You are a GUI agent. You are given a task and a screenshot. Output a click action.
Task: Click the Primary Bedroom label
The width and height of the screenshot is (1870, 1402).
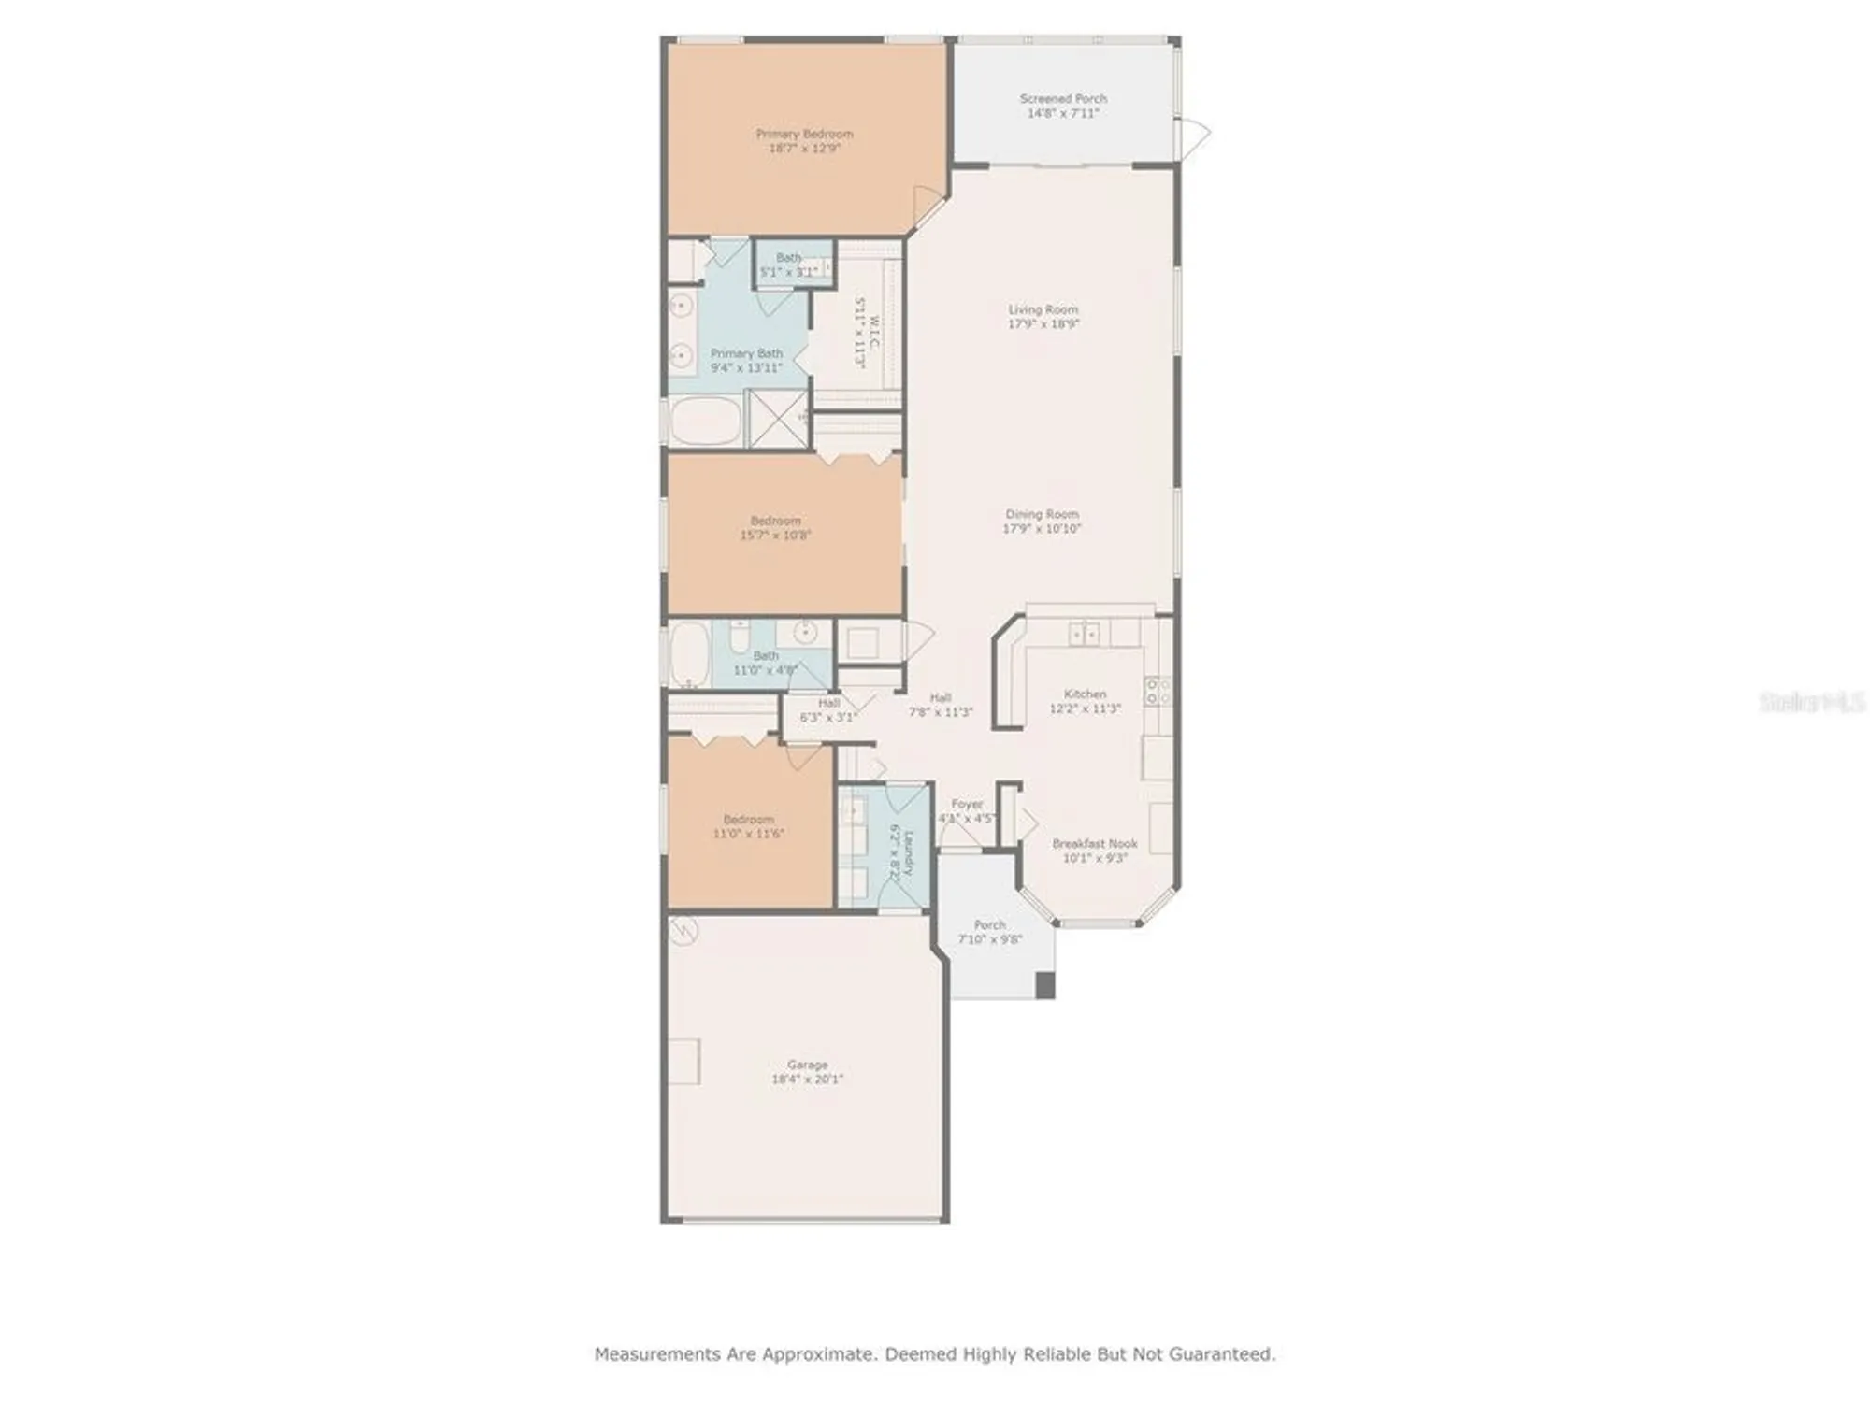(x=804, y=134)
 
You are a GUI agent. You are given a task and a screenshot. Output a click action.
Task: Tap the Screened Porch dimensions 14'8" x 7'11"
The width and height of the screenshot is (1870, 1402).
(x=1063, y=113)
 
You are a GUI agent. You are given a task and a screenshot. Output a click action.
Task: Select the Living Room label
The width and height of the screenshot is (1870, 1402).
(x=1043, y=309)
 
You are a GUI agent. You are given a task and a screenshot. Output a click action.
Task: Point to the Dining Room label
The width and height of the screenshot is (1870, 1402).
(x=1042, y=514)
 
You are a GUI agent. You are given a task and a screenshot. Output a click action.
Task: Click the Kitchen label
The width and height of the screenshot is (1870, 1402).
(x=1085, y=694)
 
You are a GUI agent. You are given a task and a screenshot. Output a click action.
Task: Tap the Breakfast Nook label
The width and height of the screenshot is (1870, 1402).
(x=1094, y=843)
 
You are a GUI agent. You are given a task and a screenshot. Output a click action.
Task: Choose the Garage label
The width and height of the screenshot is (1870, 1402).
(x=807, y=1064)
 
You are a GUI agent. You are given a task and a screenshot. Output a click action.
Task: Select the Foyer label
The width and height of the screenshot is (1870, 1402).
(x=967, y=804)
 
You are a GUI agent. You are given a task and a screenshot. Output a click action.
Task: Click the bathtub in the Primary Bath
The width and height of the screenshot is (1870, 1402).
(x=706, y=421)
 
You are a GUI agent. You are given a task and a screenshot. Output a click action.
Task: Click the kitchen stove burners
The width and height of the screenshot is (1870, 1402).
(x=1158, y=692)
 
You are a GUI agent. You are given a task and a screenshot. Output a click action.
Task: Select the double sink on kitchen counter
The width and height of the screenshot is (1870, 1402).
(x=1084, y=634)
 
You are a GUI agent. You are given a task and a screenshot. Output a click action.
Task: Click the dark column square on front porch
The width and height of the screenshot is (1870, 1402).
(x=1045, y=985)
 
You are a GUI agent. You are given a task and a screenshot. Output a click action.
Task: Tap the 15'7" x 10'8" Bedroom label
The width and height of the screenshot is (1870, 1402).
(x=775, y=521)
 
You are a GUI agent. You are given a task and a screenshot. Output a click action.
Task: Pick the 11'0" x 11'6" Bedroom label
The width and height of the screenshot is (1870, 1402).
(x=748, y=819)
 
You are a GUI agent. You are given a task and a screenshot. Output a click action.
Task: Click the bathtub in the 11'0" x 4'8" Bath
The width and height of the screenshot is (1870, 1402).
(x=689, y=653)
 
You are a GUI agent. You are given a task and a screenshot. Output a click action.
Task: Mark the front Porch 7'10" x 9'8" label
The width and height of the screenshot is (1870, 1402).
(x=989, y=924)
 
